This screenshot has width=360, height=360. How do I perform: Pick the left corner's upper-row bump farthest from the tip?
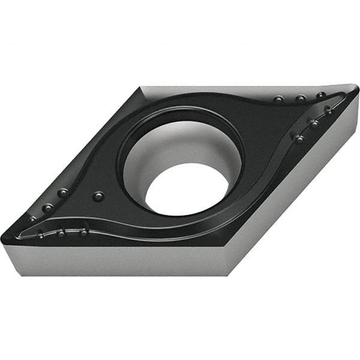click(x=62, y=193)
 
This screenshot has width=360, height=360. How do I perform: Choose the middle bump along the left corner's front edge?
click(x=61, y=232)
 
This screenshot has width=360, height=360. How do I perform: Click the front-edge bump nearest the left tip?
click(x=40, y=235)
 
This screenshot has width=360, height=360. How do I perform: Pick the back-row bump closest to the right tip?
click(x=321, y=95)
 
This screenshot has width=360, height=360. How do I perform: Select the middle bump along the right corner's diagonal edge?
click(x=313, y=122)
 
